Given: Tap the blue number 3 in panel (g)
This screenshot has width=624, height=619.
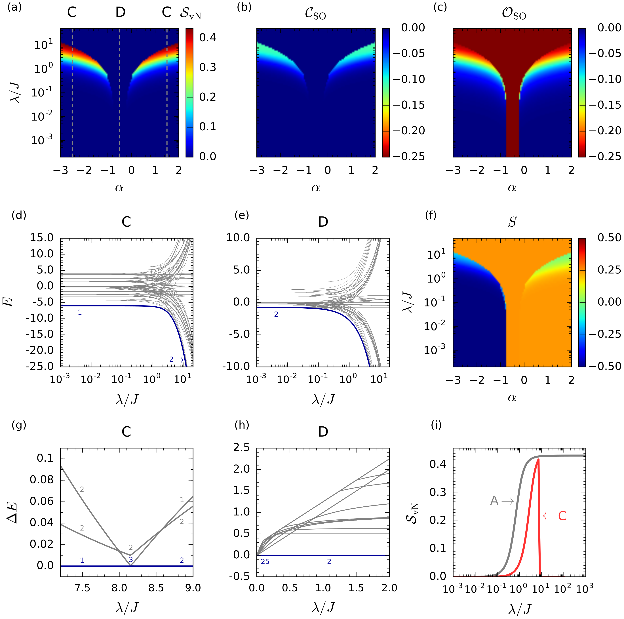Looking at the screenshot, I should point(131,560).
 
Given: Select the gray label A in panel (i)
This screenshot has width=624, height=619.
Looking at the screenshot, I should point(494,501).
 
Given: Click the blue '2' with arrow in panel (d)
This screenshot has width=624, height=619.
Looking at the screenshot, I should point(176,360).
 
